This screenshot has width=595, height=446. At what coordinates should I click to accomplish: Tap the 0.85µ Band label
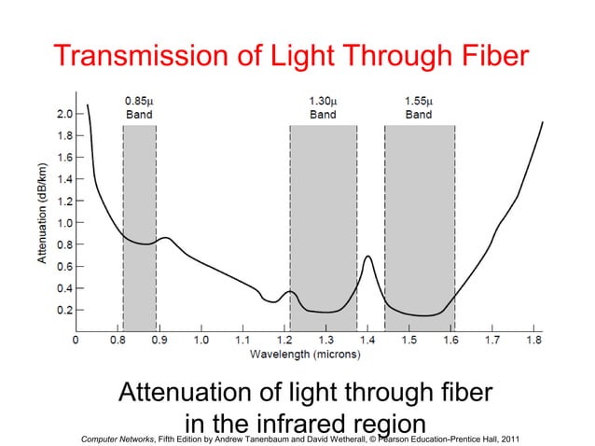139,107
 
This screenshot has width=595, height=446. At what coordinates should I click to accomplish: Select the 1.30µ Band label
323,107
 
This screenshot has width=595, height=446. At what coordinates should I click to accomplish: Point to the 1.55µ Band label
419,107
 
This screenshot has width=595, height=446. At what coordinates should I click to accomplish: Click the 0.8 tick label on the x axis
117,341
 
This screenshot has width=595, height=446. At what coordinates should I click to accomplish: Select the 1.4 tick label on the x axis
367,341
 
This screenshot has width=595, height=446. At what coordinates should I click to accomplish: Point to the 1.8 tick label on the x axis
534,341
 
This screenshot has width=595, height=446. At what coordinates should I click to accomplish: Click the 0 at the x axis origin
76,341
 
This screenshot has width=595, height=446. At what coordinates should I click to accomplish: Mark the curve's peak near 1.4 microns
368,256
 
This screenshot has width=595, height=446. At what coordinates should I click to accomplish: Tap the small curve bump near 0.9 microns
165,238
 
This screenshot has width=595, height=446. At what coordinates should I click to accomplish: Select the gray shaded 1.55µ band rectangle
420,205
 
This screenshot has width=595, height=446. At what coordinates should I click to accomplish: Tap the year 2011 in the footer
510,439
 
